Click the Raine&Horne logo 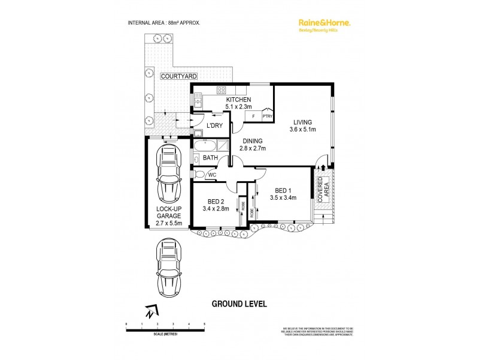[x=324, y=23]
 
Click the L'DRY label [x=214, y=125]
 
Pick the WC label [x=213, y=175]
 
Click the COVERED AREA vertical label [x=322, y=191]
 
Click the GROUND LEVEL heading [x=239, y=304]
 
